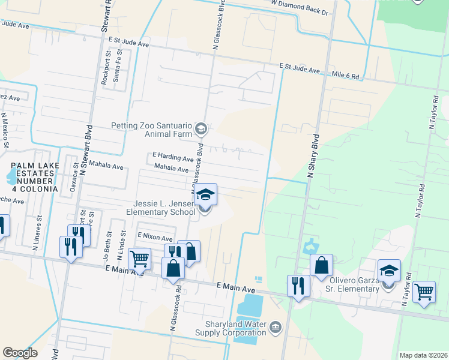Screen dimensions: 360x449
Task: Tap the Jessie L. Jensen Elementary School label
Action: pos(160,208)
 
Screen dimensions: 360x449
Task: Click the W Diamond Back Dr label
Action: pos(300,11)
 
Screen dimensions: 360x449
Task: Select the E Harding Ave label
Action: pos(173,158)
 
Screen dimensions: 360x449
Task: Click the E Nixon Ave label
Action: pos(155,236)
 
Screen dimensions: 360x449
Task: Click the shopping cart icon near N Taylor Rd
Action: pos(424,292)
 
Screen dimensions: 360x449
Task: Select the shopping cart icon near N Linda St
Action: pos(139,259)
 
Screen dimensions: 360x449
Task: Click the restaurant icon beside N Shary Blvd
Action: pos(298,285)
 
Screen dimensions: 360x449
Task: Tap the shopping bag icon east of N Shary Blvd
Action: pos(321,265)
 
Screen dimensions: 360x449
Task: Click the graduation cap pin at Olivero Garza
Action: pos(389,271)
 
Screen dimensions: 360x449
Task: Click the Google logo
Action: pos(20,353)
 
